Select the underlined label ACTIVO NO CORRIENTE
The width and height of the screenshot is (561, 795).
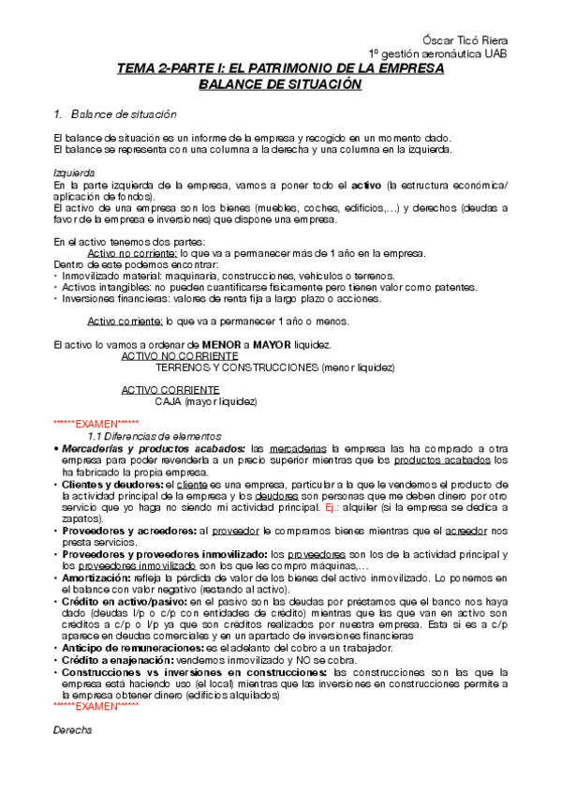point(179,357)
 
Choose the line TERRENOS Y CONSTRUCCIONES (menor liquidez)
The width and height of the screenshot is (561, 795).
point(273,368)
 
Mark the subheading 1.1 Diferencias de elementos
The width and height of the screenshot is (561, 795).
point(155,437)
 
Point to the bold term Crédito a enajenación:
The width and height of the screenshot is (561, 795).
point(117,660)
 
